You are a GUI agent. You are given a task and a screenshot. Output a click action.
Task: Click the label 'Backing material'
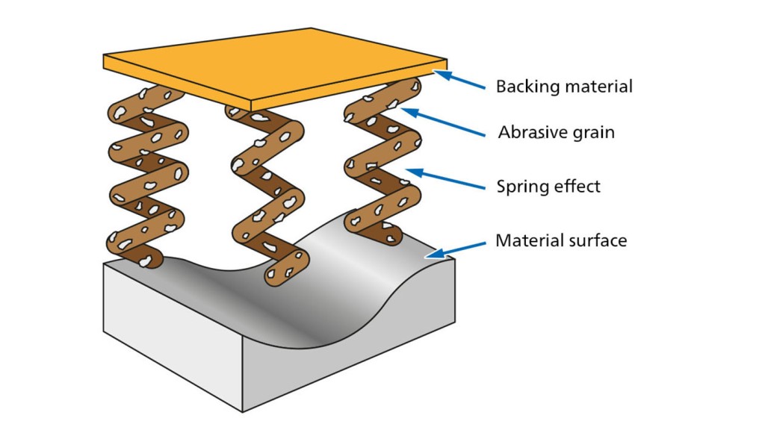(564, 87)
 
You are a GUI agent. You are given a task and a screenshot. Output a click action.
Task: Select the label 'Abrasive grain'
(557, 133)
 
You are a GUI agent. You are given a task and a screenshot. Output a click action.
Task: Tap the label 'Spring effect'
(548, 186)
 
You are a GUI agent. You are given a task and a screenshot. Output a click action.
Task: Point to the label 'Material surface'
(561, 240)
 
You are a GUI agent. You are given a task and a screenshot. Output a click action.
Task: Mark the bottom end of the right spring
(393, 238)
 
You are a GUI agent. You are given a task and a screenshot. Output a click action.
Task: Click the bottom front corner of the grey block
(243, 411)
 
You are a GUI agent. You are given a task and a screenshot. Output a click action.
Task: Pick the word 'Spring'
(519, 187)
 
